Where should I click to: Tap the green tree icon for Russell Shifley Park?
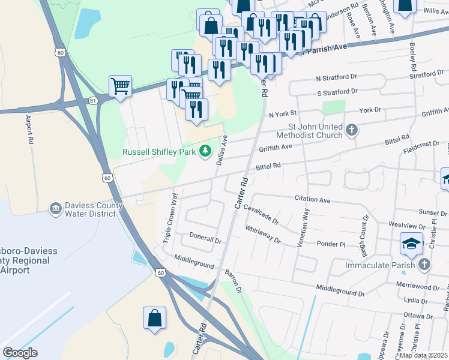[206, 151]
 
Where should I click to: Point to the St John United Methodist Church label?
[315, 131]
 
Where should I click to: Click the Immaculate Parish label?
[381, 265]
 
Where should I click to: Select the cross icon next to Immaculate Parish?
[424, 264]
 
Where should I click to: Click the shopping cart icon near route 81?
[120, 86]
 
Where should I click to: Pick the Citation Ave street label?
[313, 199]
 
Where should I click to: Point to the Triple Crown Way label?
[170, 218]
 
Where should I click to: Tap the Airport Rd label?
[29, 129]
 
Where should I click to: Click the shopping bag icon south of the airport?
[154, 318]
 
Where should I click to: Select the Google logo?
[20, 353]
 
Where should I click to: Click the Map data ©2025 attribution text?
[423, 355]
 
